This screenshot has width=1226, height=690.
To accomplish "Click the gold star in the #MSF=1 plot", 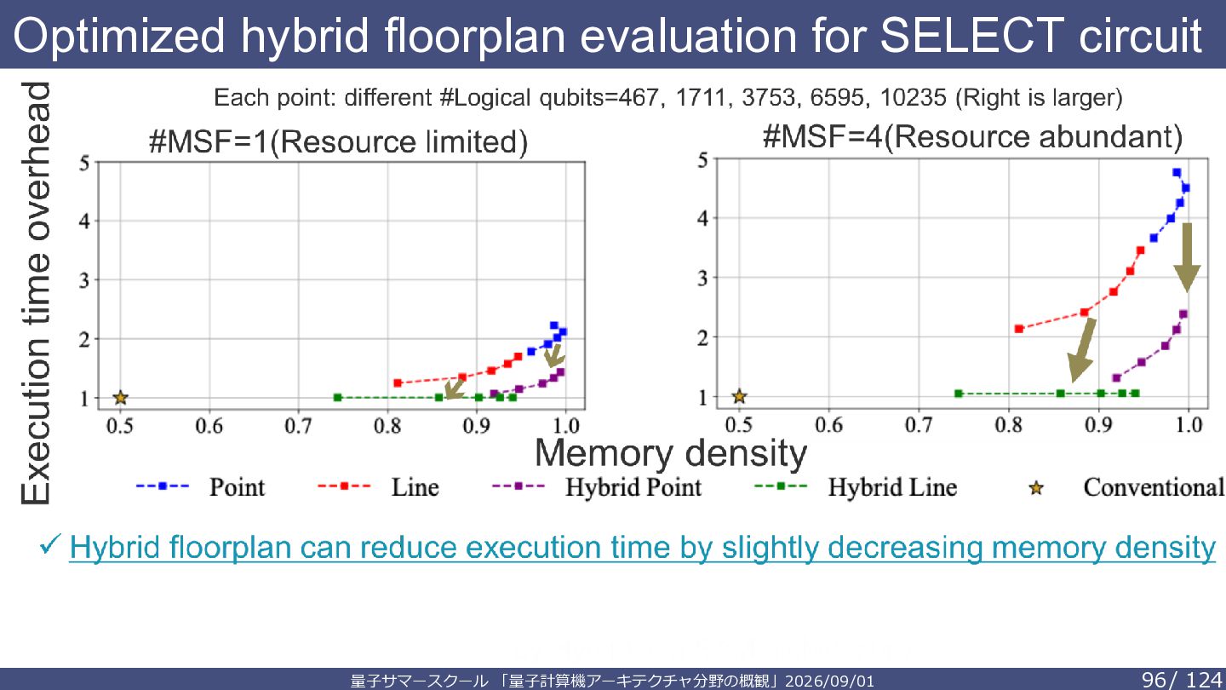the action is [x=120, y=398].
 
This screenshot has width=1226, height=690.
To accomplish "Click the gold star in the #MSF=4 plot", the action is [x=739, y=396].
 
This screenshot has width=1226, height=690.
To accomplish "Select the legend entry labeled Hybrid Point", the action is [x=597, y=487].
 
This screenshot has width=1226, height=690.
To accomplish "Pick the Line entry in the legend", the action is [x=378, y=487].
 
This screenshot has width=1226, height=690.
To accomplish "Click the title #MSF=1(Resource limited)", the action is [x=338, y=141].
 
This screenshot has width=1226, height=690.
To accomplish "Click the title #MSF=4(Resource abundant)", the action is [x=972, y=137].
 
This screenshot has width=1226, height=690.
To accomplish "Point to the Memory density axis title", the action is [x=671, y=453].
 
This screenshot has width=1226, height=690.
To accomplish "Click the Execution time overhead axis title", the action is [x=36, y=293].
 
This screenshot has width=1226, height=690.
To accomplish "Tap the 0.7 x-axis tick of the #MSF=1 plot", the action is [x=298, y=426].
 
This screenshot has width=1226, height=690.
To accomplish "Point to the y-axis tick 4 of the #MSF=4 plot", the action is [x=702, y=219].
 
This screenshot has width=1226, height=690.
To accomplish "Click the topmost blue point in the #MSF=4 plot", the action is [x=1177, y=172].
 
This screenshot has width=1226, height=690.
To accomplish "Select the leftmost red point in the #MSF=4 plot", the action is [x=1019, y=329].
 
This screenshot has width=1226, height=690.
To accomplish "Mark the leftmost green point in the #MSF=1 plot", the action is [x=338, y=398].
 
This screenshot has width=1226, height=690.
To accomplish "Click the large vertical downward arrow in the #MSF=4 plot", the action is [x=1187, y=257].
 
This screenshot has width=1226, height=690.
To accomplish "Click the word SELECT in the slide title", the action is [x=971, y=35].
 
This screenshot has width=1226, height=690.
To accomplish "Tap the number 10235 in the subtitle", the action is [x=913, y=97].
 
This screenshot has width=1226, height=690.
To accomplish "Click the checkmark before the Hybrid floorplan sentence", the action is [x=49, y=545].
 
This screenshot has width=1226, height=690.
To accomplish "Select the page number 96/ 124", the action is [x=1182, y=680].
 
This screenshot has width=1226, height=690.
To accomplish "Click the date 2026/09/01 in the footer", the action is [x=830, y=681].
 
